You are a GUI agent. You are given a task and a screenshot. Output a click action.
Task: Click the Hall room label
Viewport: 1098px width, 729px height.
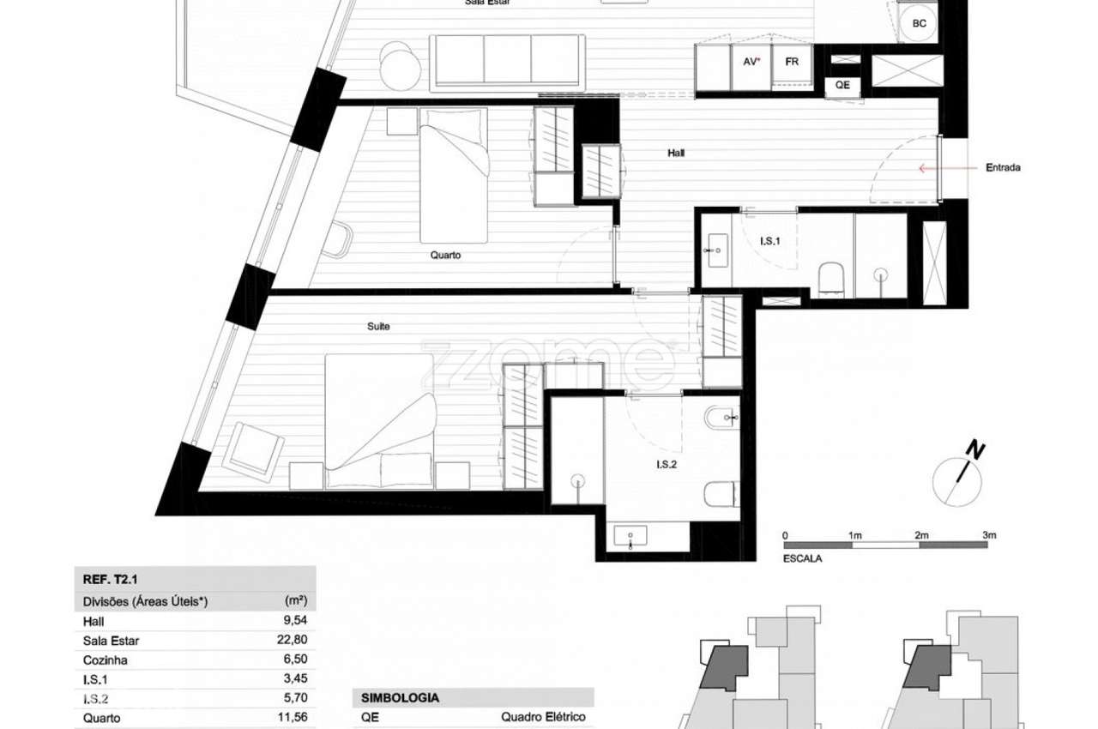click(x=676, y=154)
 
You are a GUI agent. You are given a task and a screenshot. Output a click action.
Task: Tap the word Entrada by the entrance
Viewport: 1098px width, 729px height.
click(x=1003, y=168)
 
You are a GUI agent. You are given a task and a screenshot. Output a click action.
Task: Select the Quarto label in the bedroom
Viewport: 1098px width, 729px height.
click(x=446, y=255)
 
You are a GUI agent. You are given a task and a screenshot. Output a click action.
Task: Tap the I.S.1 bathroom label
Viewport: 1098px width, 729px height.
click(x=769, y=242)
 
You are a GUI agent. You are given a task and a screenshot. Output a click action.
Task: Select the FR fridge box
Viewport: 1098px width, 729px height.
click(x=792, y=63)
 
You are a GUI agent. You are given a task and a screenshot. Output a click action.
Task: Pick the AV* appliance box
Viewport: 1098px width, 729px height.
click(x=751, y=63)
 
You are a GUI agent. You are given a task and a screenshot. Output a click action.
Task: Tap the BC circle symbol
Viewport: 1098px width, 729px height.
click(x=919, y=24)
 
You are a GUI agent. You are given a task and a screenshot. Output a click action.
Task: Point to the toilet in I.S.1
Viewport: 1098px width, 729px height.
click(x=831, y=278)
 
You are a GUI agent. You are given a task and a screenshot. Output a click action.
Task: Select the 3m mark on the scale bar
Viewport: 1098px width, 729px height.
click(x=989, y=535)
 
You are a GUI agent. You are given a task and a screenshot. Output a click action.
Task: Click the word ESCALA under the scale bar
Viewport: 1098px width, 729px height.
click(x=802, y=558)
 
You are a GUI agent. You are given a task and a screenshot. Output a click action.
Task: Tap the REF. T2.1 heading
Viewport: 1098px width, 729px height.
click(x=107, y=581)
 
